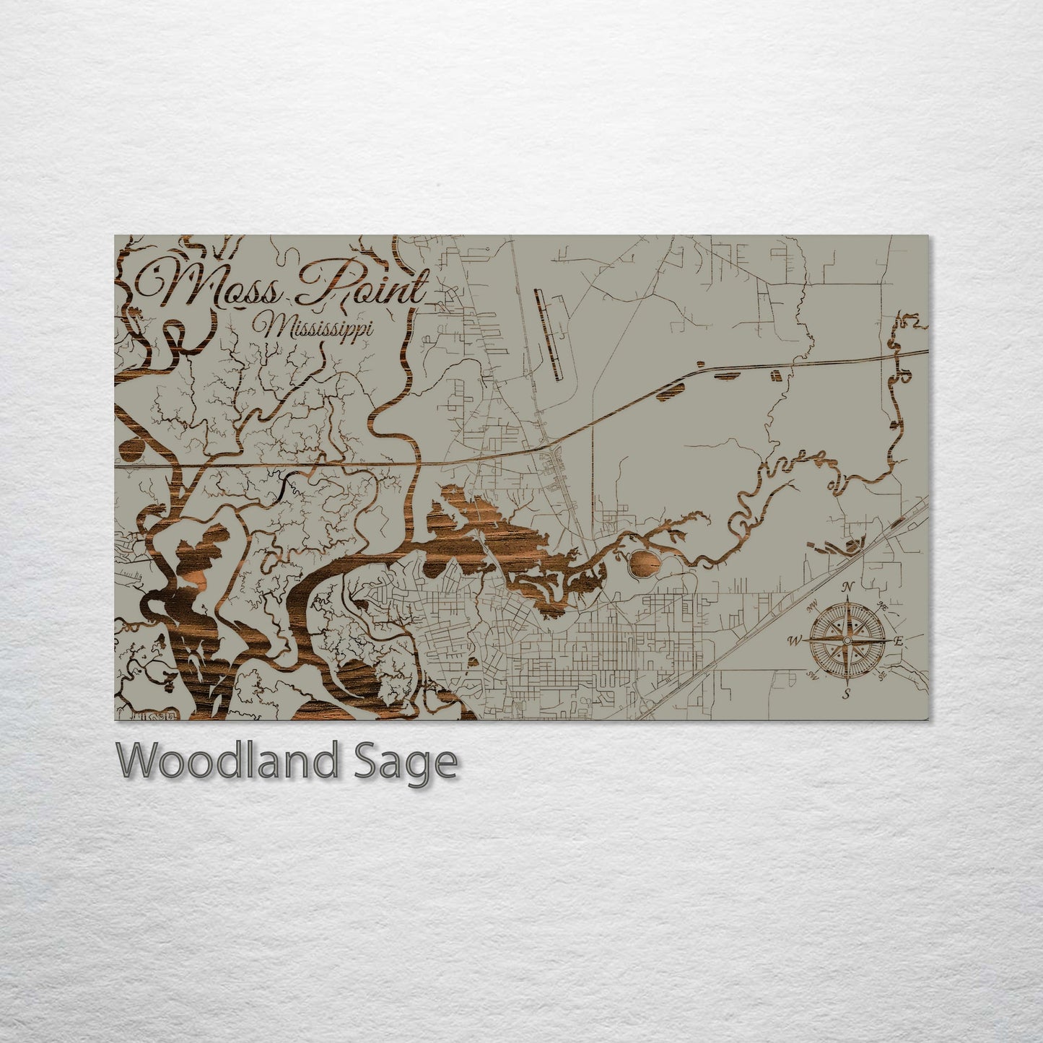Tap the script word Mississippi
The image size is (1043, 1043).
[x=318, y=328]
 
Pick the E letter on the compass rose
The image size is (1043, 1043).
[x=899, y=640]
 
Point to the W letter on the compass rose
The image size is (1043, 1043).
[x=795, y=640]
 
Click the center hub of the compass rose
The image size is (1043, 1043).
[x=847, y=640]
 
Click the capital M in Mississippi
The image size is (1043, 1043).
[x=274, y=328]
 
